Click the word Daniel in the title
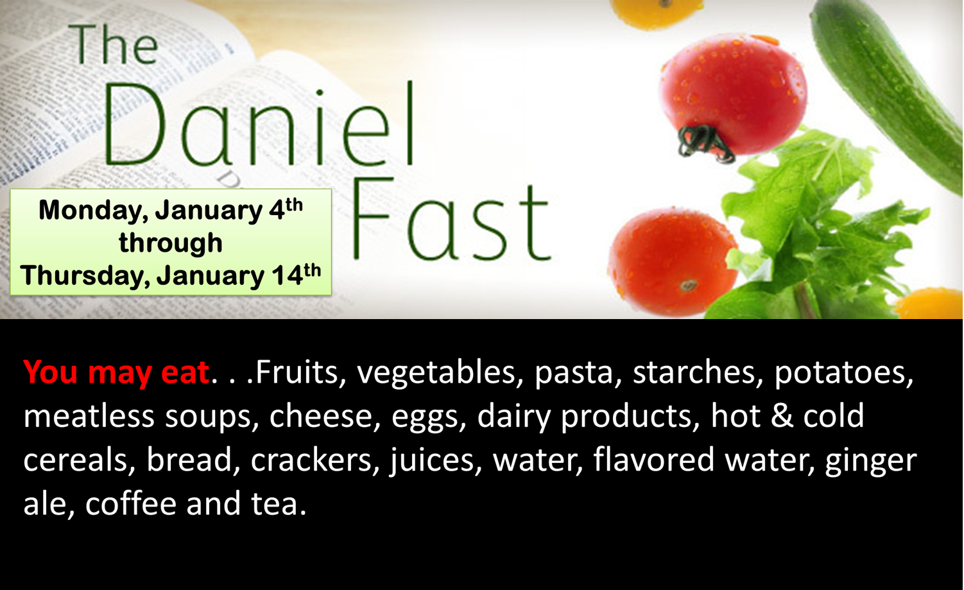tap(259, 124)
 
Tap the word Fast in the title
tap(451, 219)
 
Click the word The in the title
tap(113, 44)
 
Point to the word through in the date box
tap(171, 243)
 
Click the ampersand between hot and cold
tap(782, 416)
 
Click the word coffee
tap(131, 503)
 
